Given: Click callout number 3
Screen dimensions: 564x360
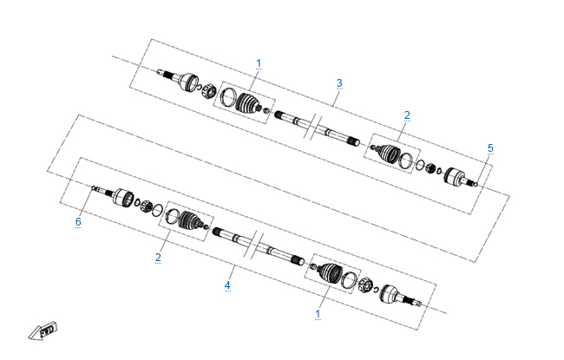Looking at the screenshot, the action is (x=339, y=83).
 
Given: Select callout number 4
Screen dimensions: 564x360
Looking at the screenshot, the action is (x=227, y=285).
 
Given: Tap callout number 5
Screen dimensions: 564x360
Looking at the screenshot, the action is (x=490, y=148).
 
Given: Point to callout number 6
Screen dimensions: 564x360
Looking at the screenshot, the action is (x=78, y=221).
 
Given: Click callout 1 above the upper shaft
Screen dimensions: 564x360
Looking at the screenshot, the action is (x=259, y=63).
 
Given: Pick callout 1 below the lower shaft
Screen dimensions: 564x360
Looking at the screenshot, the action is (x=318, y=314).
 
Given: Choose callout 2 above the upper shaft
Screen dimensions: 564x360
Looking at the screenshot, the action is (x=407, y=115).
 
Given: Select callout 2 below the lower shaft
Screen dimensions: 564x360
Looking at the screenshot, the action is (x=158, y=258).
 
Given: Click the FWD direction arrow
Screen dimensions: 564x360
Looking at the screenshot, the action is (x=43, y=331).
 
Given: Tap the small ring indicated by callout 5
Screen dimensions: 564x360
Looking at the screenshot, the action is (x=475, y=185).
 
